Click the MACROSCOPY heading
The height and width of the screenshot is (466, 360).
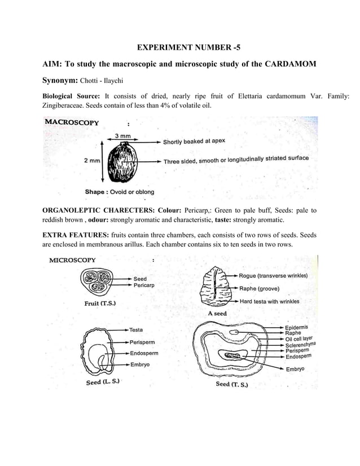click(72, 122)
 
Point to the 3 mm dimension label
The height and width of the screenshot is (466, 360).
click(123, 136)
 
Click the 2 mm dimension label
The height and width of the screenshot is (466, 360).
click(93, 161)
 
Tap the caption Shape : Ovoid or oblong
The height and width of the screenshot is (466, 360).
click(120, 192)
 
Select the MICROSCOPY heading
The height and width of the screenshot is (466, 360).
click(73, 260)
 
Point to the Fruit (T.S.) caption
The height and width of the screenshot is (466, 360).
click(101, 303)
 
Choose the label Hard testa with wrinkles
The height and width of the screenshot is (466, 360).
click(270, 302)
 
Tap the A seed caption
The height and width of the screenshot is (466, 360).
click(217, 313)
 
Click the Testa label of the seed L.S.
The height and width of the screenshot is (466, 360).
click(136, 329)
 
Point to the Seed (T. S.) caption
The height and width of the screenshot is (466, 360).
click(232, 385)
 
